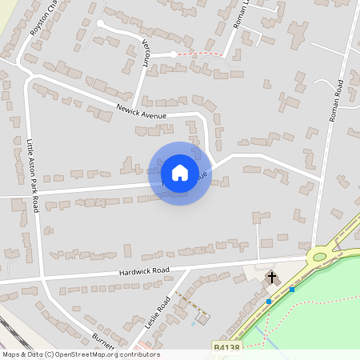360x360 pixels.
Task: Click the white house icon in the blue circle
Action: [x=180, y=172]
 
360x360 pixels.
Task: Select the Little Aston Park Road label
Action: [x=32, y=174]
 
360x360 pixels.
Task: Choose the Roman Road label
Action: [x=338, y=100]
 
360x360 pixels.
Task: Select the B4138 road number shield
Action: [x=227, y=347]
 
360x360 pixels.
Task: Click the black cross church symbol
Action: [x=272, y=278]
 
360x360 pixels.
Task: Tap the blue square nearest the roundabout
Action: [x=292, y=290]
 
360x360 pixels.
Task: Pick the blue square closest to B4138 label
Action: [x=269, y=301]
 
